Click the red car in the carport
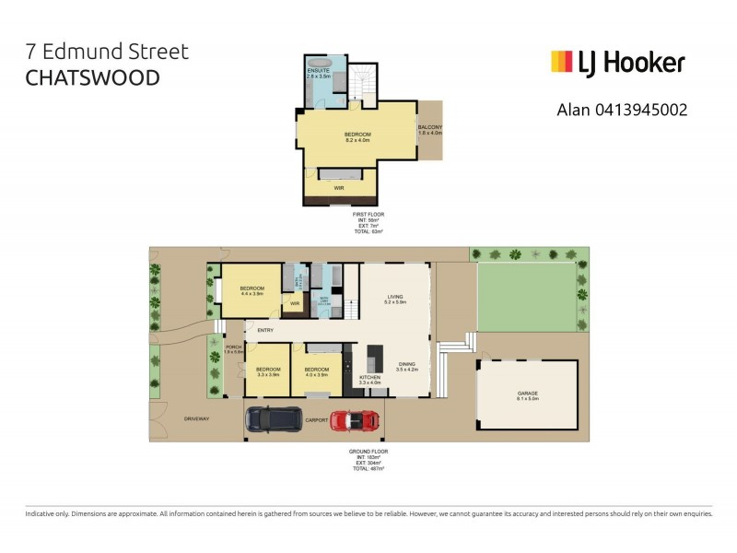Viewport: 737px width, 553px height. (355, 420)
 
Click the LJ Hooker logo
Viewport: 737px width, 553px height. (617, 62)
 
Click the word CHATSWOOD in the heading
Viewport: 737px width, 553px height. (92, 76)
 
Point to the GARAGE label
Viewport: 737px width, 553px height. (527, 393)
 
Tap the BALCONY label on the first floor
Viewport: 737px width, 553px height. (430, 127)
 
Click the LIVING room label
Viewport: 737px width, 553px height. (395, 296)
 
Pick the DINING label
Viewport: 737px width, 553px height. (407, 364)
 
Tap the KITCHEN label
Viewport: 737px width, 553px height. (368, 378)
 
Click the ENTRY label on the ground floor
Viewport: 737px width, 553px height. (265, 330)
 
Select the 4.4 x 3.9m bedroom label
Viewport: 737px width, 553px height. (252, 289)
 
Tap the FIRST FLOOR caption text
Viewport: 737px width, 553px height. (368, 215)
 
